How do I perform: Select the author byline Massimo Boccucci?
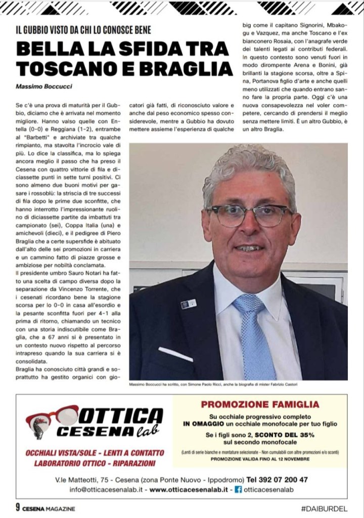pyautogui.click(x=44, y=87)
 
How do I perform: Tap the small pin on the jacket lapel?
pyautogui.click(x=188, y=304)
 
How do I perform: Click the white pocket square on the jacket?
pyautogui.click(x=175, y=354)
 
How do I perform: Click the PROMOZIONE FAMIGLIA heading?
pyautogui.click(x=260, y=404)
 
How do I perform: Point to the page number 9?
pyautogui.click(x=18, y=508)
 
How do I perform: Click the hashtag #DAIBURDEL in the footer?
pyautogui.click(x=324, y=508)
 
